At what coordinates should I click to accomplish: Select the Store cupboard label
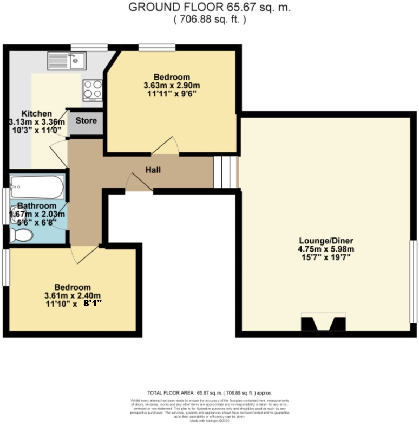(86, 120)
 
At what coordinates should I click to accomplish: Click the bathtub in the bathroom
(37, 188)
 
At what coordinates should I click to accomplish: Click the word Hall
(152, 170)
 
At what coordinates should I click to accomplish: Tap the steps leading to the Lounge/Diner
(225, 172)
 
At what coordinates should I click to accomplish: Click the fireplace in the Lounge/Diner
(323, 323)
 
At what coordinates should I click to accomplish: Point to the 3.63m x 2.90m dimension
(171, 85)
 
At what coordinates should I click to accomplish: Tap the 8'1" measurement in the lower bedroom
(92, 304)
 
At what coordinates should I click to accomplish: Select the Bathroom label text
(36, 206)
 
